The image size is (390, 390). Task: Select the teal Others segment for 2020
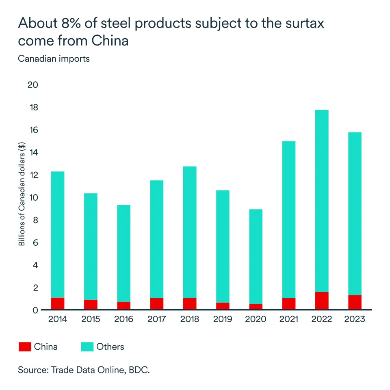pyautogui.click(x=256, y=256)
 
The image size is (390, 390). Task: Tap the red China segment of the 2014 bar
pyautogui.click(x=58, y=304)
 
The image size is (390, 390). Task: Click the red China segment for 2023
pyautogui.click(x=355, y=302)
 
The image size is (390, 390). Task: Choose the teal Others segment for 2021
pyautogui.click(x=289, y=219)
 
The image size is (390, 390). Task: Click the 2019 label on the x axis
pyautogui.click(x=223, y=319)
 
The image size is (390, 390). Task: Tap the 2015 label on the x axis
pyautogui.click(x=91, y=319)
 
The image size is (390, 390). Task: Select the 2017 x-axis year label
pyautogui.click(x=157, y=319)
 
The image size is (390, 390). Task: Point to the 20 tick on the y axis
pyautogui.click(x=33, y=85)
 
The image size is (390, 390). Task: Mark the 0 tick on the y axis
pyautogui.click(x=35, y=310)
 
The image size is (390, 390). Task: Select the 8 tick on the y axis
pyautogui.click(x=35, y=220)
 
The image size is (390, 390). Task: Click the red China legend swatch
pyautogui.click(x=25, y=347)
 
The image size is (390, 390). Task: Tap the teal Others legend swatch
pyautogui.click(x=87, y=347)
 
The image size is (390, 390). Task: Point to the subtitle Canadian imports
pyautogui.click(x=54, y=58)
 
